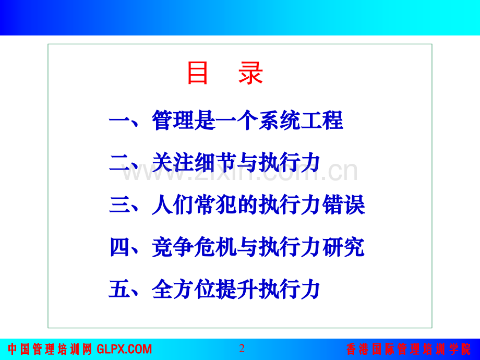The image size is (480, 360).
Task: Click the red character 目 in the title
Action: coord(197,73)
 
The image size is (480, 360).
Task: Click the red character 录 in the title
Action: coord(251,73)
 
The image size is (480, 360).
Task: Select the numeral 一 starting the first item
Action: coord(119,121)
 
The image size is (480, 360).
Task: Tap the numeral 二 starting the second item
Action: coord(119,162)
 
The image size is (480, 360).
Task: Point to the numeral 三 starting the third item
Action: coord(119,205)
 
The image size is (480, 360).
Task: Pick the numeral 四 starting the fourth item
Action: coord(119,247)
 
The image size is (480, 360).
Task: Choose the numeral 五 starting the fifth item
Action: coord(119,289)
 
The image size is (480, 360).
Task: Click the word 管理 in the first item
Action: coord(173,120)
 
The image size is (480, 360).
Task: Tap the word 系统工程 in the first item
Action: coord(301,120)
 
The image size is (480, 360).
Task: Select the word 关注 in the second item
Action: coord(173,162)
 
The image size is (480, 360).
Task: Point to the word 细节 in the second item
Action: coord(215,162)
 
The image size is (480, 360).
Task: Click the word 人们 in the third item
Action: coord(173,205)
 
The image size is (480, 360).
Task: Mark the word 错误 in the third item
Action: coord(343,205)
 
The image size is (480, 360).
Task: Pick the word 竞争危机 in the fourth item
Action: coord(194,247)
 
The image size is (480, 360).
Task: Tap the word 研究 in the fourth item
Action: coord(343,247)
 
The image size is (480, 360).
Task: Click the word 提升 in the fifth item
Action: coord(237,289)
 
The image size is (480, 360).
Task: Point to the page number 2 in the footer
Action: coord(242,349)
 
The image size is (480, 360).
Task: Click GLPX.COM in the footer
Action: coord(124,349)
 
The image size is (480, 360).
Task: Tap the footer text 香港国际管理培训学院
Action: coord(409,349)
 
